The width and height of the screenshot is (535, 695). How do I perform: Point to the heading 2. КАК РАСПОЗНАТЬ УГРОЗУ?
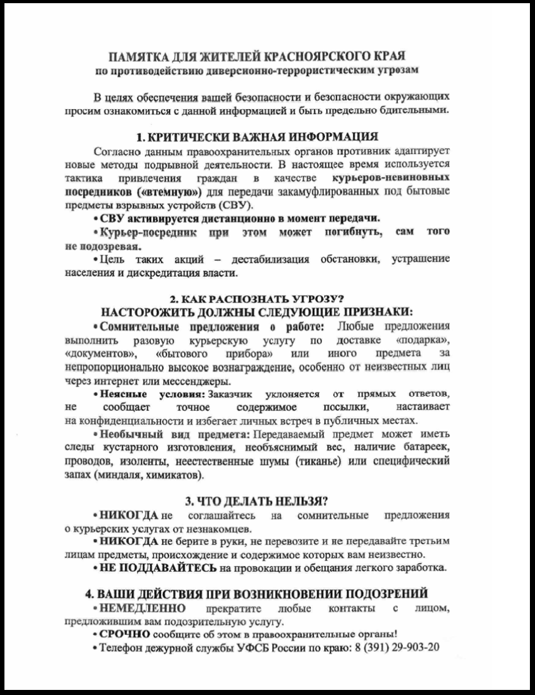click(267, 298)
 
